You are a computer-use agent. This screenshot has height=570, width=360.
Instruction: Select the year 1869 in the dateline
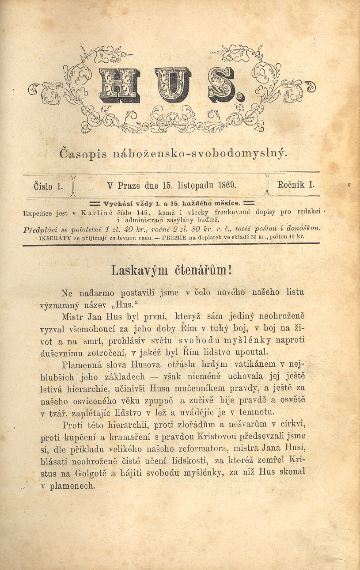227,186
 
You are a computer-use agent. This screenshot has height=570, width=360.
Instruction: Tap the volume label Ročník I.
296,185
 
